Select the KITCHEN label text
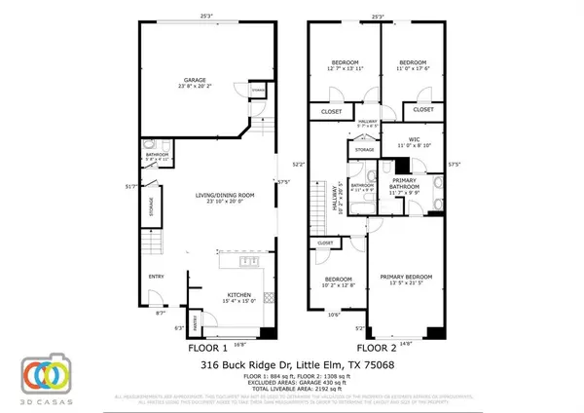tap(239, 295)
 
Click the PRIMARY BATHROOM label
tap(404, 184)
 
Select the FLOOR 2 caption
tap(376, 347)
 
